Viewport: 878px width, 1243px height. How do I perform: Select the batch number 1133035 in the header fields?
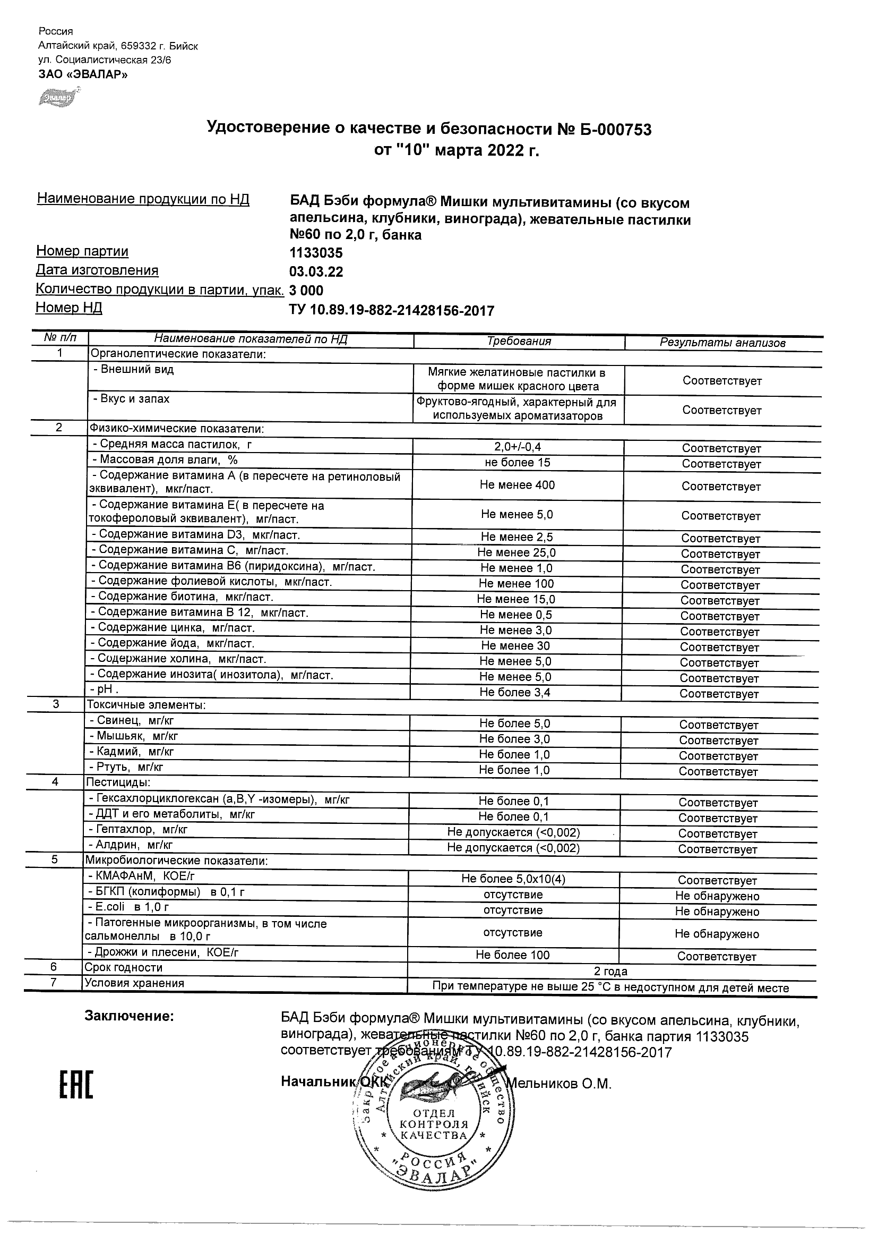coord(316,253)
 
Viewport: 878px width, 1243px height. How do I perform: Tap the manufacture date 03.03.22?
coord(316,272)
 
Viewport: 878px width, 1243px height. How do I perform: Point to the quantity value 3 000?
coord(307,291)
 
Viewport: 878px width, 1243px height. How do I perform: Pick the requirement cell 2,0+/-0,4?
coord(518,447)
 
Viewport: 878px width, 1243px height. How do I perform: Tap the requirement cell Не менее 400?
coord(517,485)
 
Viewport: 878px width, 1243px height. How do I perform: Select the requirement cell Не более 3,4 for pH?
coord(514,693)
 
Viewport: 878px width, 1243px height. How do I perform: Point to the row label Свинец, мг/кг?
coord(132,721)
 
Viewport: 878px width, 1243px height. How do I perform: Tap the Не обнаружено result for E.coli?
coord(717,912)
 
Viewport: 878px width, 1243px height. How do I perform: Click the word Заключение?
coord(129,1016)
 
